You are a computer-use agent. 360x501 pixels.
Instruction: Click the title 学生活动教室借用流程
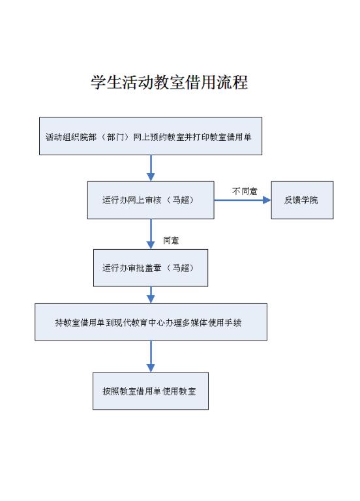coord(170,82)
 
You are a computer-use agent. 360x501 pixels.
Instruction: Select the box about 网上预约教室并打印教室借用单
coord(151,136)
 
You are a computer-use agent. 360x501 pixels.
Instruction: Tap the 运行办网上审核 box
coord(151,200)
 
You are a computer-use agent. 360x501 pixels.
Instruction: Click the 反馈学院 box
coord(302,200)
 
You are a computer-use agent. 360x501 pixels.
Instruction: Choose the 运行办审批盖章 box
coord(151,267)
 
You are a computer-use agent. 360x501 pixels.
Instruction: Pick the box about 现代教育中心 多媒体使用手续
coord(151,322)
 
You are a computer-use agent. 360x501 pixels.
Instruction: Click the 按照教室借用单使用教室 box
coord(151,391)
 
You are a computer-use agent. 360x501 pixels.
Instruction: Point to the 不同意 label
coord(245,191)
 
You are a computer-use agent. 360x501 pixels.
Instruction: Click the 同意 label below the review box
coord(171,240)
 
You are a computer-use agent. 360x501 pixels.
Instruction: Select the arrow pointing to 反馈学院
coord(243,200)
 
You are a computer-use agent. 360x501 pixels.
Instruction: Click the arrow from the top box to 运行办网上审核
coord(151,168)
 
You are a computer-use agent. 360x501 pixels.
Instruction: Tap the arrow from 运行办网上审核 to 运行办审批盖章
coord(151,234)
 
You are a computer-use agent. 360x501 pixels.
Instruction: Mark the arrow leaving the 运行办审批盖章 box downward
coord(151,295)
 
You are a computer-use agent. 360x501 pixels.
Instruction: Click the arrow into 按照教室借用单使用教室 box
coord(151,356)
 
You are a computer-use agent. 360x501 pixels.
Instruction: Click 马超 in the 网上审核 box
coord(181,200)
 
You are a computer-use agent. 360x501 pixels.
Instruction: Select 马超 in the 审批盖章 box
coord(181,267)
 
